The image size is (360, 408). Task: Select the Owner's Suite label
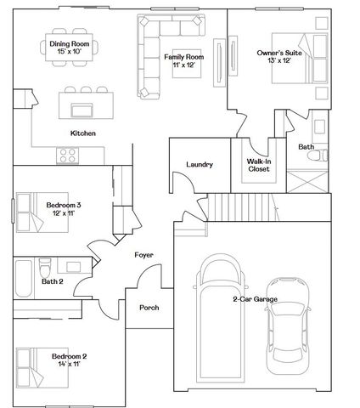[x=279, y=53]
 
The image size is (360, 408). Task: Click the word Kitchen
[x=82, y=133]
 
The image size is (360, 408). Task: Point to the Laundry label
[x=198, y=164]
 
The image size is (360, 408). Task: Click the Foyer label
[x=143, y=254]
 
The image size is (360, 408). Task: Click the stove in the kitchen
[x=67, y=155]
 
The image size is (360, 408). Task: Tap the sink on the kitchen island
[x=82, y=109]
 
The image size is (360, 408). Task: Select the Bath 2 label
[x=53, y=281]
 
